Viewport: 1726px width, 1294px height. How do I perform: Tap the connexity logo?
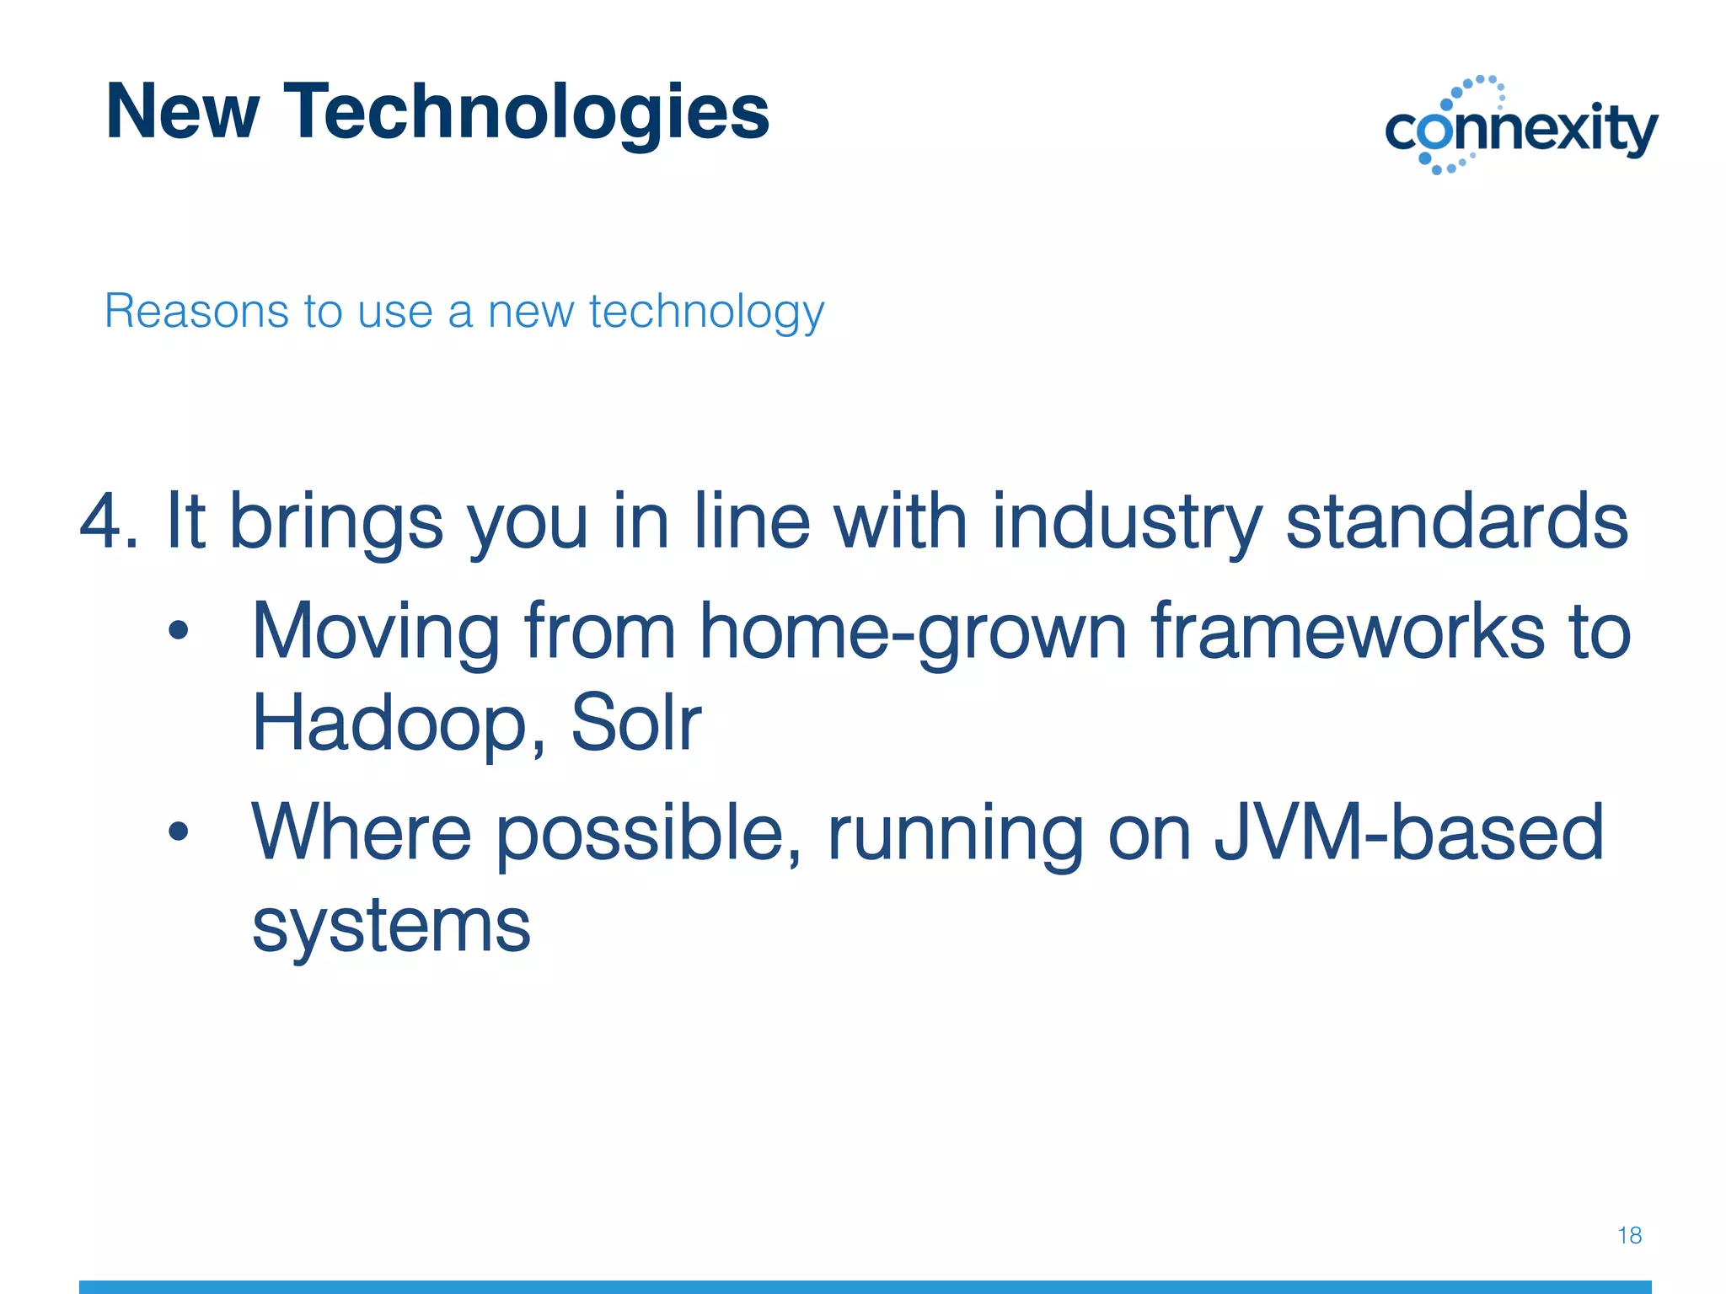point(1521,126)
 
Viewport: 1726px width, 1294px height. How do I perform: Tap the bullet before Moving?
point(178,631)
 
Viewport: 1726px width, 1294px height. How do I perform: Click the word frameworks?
point(1348,632)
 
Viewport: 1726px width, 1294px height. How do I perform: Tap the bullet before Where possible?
point(178,832)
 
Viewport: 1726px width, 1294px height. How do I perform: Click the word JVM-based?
point(1408,833)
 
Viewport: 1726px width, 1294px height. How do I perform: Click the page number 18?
point(1629,1236)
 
